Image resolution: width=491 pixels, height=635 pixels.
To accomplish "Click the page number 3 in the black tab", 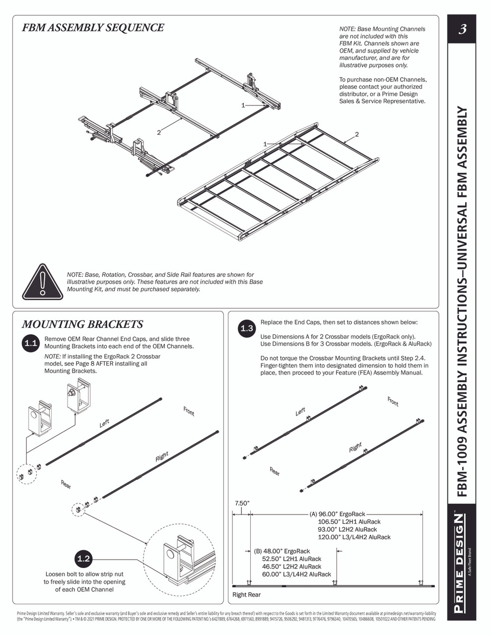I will click(462, 29).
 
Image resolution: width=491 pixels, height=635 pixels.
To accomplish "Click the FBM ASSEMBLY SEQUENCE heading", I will click(93, 28).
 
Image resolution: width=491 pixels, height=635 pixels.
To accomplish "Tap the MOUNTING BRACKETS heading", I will click(82, 324).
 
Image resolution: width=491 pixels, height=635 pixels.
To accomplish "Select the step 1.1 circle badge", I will click(31, 343).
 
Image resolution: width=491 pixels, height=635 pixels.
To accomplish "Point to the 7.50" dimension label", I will click(241, 503).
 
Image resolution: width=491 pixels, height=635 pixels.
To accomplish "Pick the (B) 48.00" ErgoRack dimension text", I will click(282, 551).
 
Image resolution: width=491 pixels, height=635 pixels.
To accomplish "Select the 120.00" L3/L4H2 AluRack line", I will click(354, 537).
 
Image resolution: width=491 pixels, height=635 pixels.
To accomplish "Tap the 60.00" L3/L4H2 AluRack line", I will click(296, 574).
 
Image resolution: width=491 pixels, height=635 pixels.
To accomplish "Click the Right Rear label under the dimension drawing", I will click(246, 594).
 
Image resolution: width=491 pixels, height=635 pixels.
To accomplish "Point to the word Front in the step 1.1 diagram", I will click(189, 411).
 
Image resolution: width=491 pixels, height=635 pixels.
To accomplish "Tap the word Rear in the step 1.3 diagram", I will click(275, 471).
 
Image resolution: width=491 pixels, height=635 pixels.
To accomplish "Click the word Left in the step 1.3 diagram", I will click(300, 412).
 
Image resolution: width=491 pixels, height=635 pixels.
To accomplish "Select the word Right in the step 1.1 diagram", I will click(162, 456).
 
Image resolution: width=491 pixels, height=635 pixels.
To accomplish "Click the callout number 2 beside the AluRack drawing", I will click(356, 134).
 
